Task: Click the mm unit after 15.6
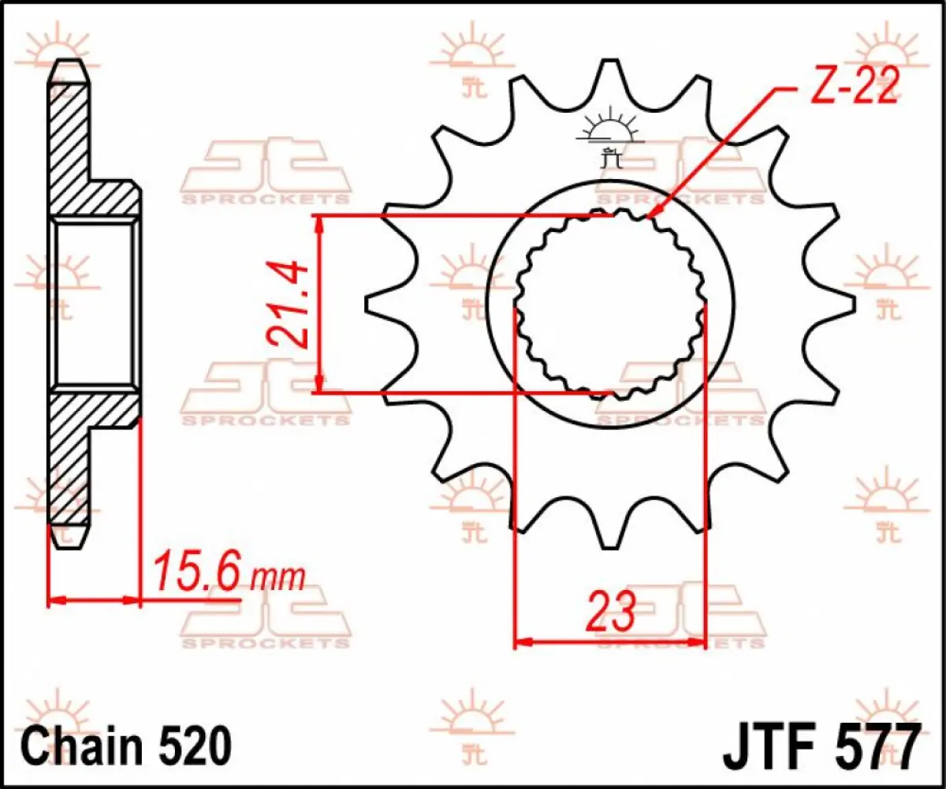[277, 578]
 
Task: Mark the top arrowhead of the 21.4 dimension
[319, 225]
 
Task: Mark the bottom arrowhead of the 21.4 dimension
[319, 383]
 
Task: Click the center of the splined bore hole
[610, 304]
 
